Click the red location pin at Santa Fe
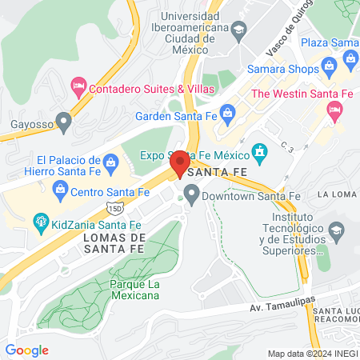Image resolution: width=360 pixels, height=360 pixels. tap(180, 163)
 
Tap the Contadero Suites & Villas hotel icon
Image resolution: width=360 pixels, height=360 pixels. tap(78, 84)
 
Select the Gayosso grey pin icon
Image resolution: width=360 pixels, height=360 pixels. tap(66, 122)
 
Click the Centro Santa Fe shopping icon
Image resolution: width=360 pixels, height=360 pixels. tap(59, 189)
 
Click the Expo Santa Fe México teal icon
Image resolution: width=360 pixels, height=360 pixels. tap(259, 150)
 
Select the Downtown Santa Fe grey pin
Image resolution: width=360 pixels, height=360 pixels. tap(191, 193)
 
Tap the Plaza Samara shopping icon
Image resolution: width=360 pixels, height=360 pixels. tap(350, 58)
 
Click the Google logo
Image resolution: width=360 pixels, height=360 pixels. tap(26, 350)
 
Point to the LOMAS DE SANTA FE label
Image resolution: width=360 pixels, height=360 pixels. tap(114, 245)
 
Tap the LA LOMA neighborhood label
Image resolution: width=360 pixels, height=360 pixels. tap(337, 194)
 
